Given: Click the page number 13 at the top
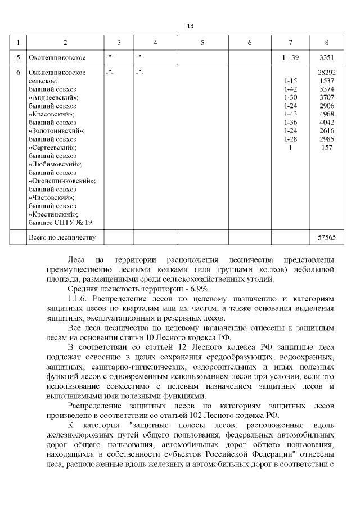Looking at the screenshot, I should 190,26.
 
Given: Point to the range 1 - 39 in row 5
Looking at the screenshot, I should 290,58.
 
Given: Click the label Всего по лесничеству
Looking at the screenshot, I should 62,237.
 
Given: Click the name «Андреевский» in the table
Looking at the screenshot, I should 53,97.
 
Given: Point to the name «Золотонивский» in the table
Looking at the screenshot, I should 56,130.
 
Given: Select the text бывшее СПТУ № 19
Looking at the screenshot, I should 60,222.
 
